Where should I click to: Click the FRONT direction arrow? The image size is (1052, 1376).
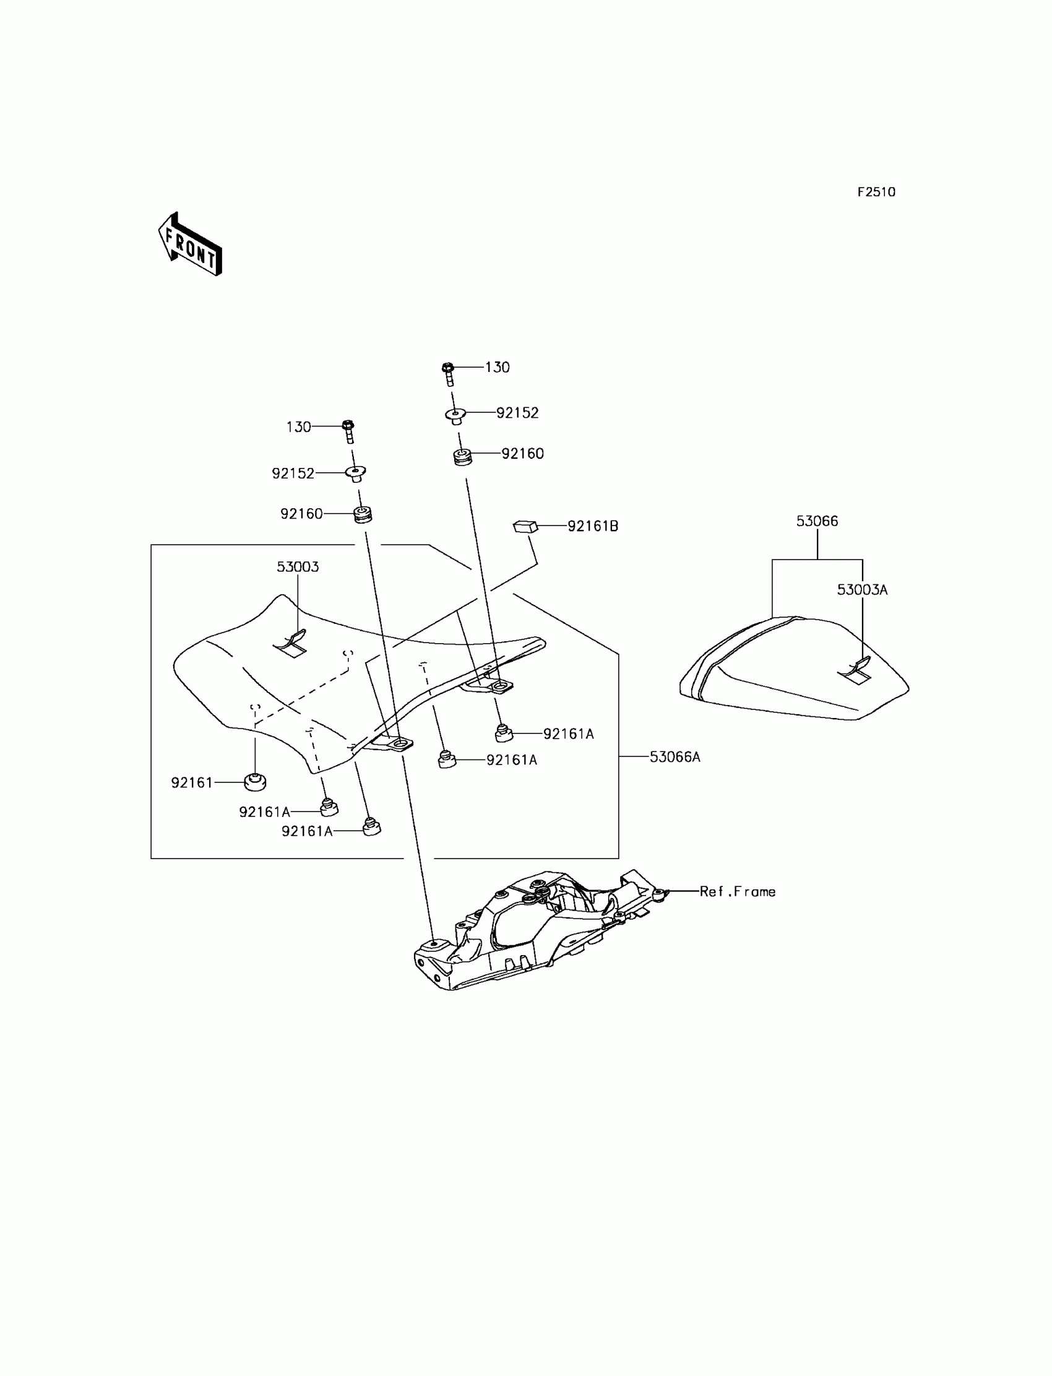[190, 245]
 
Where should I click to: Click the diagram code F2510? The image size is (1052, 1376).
[876, 193]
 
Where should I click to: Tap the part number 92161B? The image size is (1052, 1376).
[592, 526]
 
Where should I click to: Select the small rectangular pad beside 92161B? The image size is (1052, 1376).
[525, 526]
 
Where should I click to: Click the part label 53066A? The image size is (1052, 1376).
[675, 756]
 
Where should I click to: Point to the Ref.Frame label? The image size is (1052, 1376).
[737, 891]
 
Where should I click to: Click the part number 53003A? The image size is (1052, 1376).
[861, 589]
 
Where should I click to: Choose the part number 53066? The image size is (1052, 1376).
[817, 521]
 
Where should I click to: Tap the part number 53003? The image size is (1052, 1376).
[298, 567]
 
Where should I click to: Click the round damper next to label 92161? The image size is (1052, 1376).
[255, 782]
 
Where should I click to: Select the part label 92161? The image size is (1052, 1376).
[192, 782]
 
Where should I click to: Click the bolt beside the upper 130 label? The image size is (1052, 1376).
[449, 374]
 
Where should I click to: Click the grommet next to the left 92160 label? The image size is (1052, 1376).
[363, 515]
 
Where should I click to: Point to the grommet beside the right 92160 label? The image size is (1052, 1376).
[463, 457]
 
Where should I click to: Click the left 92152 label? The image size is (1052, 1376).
[293, 474]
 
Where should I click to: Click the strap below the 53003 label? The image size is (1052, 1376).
[291, 644]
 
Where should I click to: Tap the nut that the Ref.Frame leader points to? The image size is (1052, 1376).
[660, 893]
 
